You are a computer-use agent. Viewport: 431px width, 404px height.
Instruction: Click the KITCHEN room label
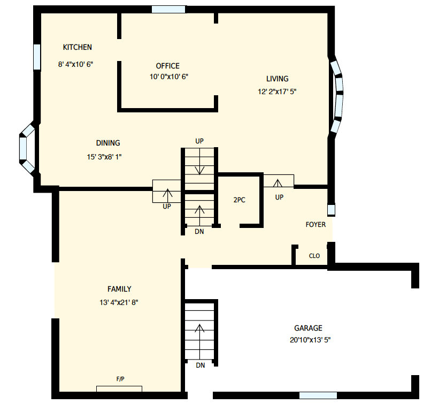pyautogui.click(x=77, y=47)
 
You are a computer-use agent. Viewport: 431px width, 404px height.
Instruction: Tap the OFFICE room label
pyautogui.click(x=168, y=66)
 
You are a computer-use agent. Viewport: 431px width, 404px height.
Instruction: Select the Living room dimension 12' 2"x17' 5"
pyautogui.click(x=277, y=92)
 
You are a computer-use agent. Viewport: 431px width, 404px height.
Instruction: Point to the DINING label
pyautogui.click(x=108, y=143)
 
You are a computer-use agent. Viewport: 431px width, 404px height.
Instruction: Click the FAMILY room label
pyautogui.click(x=119, y=289)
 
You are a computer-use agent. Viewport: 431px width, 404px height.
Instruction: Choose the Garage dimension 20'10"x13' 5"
pyautogui.click(x=310, y=340)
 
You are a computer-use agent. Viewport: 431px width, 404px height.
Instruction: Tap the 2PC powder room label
pyautogui.click(x=239, y=200)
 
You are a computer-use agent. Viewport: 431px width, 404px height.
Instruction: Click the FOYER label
pyautogui.click(x=315, y=225)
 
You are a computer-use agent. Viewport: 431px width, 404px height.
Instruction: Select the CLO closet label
pyautogui.click(x=314, y=256)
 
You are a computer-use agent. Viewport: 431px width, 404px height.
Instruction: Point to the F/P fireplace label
pyautogui.click(x=120, y=379)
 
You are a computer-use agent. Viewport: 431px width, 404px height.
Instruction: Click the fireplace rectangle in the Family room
pyautogui.click(x=119, y=388)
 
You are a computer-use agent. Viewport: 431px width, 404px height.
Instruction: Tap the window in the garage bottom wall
pyautogui.click(x=318, y=395)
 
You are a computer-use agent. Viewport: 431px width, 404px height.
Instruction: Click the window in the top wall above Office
pyautogui.click(x=168, y=9)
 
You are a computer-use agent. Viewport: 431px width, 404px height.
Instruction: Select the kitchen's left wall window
pyautogui.click(x=37, y=57)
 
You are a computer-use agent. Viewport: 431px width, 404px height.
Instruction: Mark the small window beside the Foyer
pyautogui.click(x=331, y=210)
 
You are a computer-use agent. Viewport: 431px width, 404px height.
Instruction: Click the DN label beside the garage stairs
pyautogui.click(x=201, y=365)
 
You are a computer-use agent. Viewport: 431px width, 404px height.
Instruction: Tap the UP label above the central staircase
pyautogui.click(x=199, y=141)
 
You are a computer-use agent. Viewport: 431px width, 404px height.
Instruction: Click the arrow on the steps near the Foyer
pyautogui.click(x=278, y=183)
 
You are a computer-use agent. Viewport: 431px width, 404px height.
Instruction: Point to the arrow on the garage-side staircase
pyautogui.click(x=199, y=341)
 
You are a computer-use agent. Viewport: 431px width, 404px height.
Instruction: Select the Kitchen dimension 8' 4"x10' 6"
pyautogui.click(x=75, y=64)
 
